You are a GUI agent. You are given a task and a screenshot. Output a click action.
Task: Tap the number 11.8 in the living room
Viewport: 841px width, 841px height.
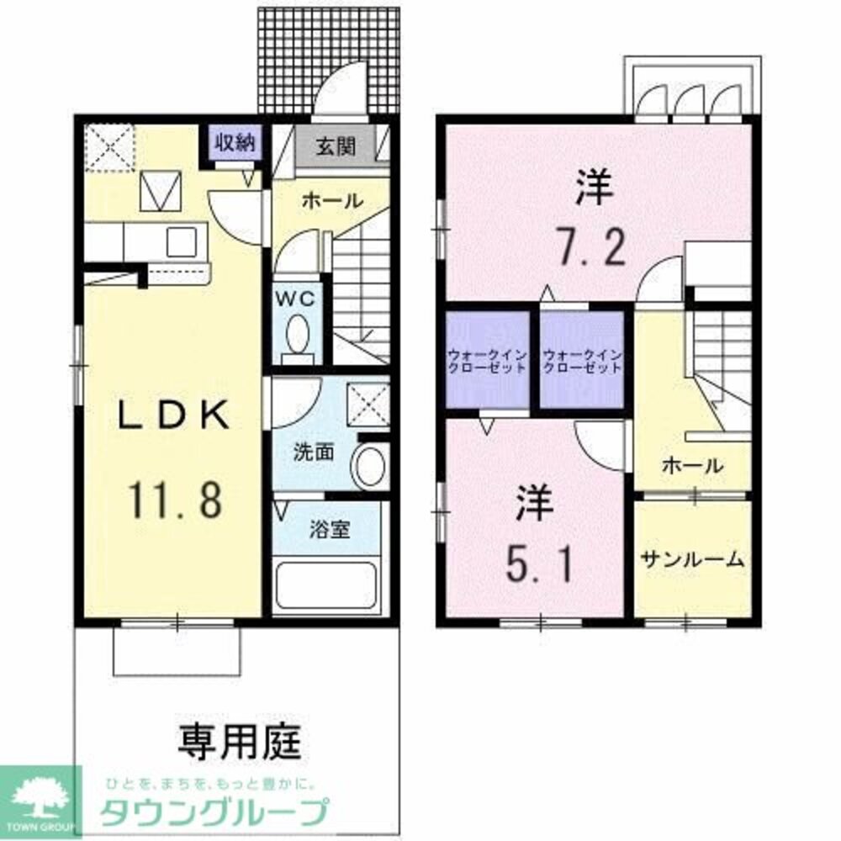pyautogui.click(x=175, y=499)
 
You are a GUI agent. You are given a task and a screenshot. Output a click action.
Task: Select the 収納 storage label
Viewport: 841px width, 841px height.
pyautogui.click(x=233, y=143)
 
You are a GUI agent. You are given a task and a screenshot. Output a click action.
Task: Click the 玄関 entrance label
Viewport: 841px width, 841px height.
pyautogui.click(x=335, y=145)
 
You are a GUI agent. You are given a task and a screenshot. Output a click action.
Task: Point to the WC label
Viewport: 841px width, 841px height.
pyautogui.click(x=296, y=299)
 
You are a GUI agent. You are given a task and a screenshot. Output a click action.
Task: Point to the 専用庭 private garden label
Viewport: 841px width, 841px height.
pyautogui.click(x=239, y=741)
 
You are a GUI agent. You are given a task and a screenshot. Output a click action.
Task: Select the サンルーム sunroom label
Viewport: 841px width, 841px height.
pyautogui.click(x=692, y=559)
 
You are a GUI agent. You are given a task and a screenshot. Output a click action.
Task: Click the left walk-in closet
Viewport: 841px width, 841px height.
pyautogui.click(x=487, y=361)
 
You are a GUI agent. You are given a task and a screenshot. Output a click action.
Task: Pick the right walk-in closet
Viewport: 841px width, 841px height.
pyautogui.click(x=582, y=361)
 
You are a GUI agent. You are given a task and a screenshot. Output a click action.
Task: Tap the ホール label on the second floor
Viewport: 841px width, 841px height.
pyautogui.click(x=692, y=464)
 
